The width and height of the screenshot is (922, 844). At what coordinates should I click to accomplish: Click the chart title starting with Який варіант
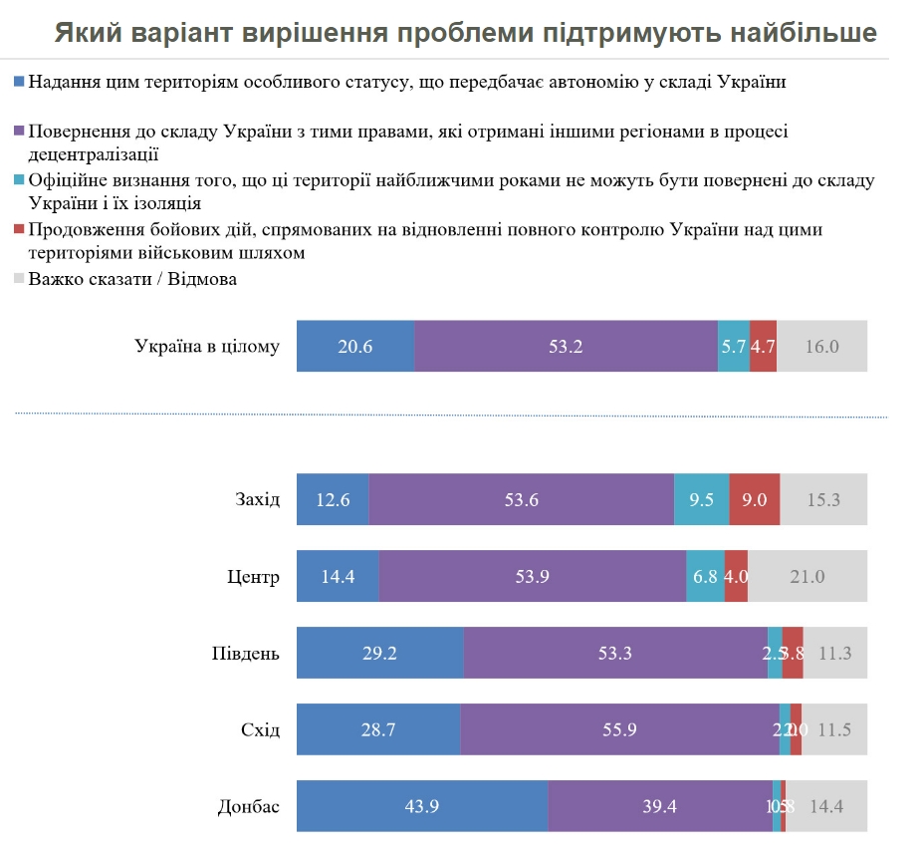coord(466,32)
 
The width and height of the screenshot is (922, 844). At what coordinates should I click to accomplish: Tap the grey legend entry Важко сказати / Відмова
coord(132,279)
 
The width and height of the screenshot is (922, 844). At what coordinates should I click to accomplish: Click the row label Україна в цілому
coord(207,347)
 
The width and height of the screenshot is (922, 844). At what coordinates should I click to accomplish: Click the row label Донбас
coord(249,806)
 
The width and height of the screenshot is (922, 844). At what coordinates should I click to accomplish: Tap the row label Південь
coord(246,653)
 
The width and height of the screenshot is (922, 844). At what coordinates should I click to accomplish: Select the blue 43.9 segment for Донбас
coord(421,806)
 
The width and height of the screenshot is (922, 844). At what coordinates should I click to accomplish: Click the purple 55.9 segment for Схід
coord(619,729)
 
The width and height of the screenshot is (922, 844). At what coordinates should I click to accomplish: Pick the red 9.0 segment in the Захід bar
coord(754,499)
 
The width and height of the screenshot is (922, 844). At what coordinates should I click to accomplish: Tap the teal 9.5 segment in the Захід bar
coord(701,499)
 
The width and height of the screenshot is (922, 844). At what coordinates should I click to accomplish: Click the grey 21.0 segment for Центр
coord(807,576)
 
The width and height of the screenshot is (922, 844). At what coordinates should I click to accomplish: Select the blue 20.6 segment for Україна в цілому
coord(354,347)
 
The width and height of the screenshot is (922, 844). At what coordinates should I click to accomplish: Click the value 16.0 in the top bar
coord(822,347)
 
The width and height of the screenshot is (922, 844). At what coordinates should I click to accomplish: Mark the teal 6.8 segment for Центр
coord(705,576)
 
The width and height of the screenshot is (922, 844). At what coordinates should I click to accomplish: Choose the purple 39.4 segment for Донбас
coord(658,806)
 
